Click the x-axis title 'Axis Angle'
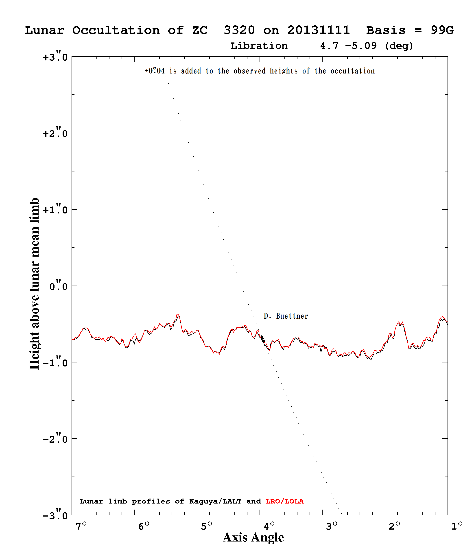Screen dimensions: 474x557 [253, 538]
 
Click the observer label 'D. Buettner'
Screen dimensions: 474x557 [286, 316]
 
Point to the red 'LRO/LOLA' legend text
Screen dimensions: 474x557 [284, 501]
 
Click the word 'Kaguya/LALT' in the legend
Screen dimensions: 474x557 [215, 501]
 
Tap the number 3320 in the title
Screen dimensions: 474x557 [239, 30]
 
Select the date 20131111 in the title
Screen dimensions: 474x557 [319, 30]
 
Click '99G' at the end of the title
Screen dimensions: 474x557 [442, 30]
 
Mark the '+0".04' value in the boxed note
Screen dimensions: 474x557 [155, 71]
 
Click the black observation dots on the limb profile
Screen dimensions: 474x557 [262, 339]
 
